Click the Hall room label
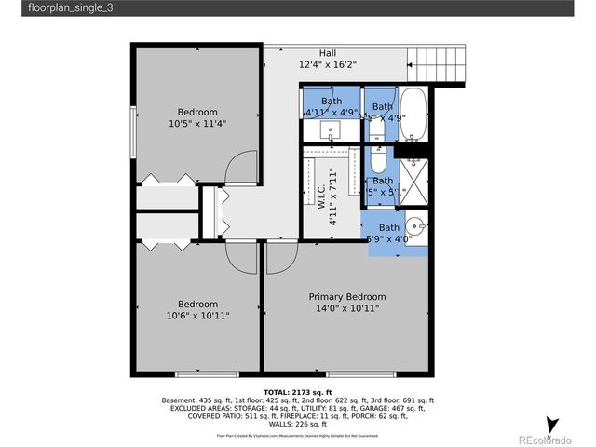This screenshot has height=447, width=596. (328, 54)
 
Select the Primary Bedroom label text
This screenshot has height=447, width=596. (346, 297)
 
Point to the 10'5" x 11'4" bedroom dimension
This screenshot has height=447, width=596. (197, 123)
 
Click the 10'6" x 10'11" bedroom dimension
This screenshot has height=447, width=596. (197, 316)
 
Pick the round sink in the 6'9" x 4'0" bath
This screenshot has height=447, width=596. (417, 223)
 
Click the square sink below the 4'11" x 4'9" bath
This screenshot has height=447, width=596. (331, 134)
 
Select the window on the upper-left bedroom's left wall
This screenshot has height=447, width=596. (134, 140)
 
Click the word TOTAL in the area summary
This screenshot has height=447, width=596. (278, 392)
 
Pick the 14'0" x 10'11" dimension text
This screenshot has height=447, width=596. (346, 308)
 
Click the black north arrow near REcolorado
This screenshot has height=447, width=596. (551, 425)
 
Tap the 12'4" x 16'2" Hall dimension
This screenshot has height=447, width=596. (328, 65)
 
